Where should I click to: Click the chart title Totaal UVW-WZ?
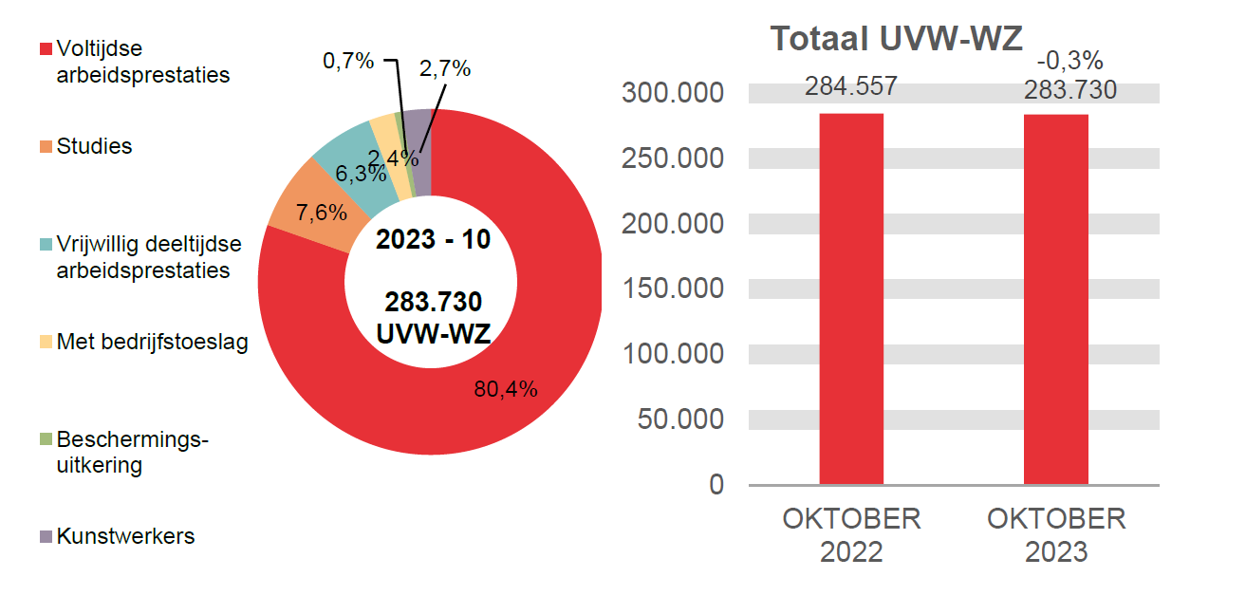pyautogui.click(x=896, y=39)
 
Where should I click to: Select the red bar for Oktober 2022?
pyautogui.click(x=851, y=299)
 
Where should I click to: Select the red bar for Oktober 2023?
pyautogui.click(x=1056, y=299)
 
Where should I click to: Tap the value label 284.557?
pyautogui.click(x=851, y=87)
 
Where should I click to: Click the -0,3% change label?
pyautogui.click(x=1069, y=61)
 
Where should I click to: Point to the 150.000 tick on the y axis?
pyautogui.click(x=672, y=288)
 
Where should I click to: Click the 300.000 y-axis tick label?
pyautogui.click(x=672, y=93)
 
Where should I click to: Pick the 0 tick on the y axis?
pyautogui.click(x=716, y=485)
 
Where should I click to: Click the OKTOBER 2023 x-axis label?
pyautogui.click(x=1056, y=535)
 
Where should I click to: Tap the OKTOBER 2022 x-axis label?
pyautogui.click(x=851, y=535)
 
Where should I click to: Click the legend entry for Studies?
pyautogui.click(x=94, y=146)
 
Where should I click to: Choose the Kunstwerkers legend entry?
pyautogui.click(x=125, y=536)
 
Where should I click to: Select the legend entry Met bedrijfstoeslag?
pyautogui.click(x=152, y=342)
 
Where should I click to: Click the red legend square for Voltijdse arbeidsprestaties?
pyautogui.click(x=45, y=49)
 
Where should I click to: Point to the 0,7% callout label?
pyautogui.click(x=347, y=62)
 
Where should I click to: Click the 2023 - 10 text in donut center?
pyautogui.click(x=433, y=240)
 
